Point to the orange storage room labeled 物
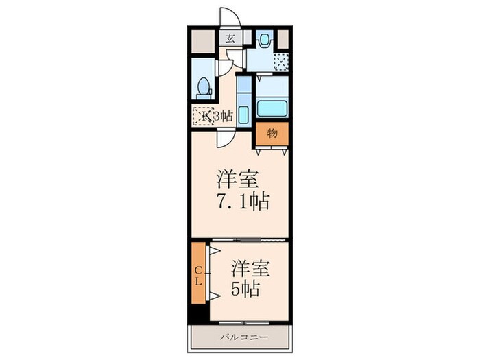click(x=272, y=133)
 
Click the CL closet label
click(x=198, y=273)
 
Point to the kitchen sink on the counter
click(x=243, y=112)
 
